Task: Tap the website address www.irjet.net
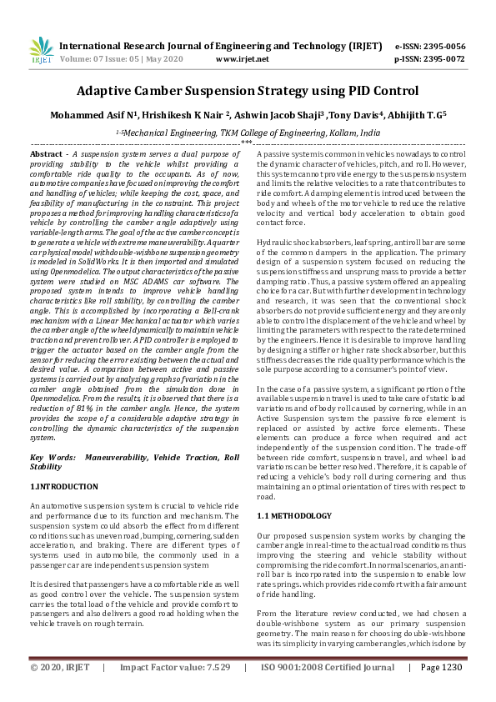click(242, 60)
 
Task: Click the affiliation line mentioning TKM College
click(250, 133)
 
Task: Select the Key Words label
click(49, 458)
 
